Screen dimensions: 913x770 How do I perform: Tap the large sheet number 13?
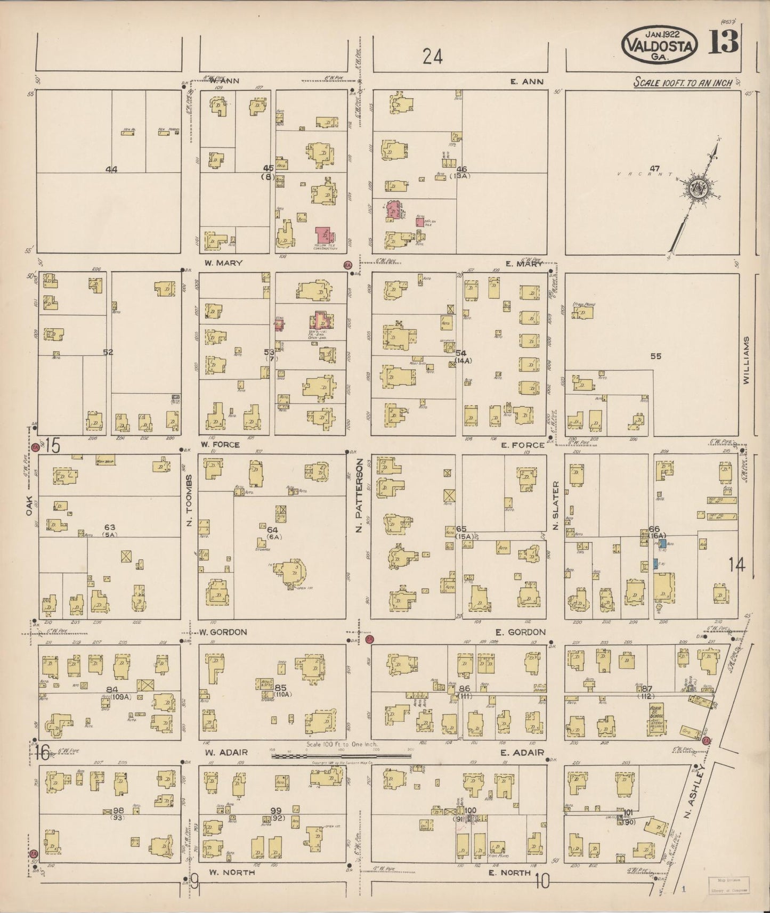pos(723,42)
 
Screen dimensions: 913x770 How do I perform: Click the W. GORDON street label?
pos(223,632)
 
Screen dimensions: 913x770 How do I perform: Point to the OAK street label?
pos(30,506)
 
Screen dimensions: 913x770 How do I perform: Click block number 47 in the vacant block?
pos(654,169)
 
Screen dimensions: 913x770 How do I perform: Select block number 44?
pos(111,169)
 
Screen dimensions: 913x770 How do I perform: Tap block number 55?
pos(655,356)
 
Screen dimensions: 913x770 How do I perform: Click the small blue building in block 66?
pos(662,544)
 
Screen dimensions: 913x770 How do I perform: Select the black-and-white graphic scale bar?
pos(341,755)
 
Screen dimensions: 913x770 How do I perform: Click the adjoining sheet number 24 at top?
pos(432,56)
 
